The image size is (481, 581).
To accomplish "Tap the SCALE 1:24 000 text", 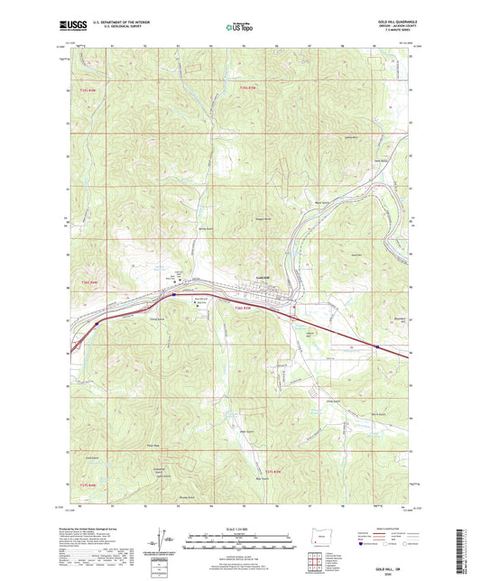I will (240, 528).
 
